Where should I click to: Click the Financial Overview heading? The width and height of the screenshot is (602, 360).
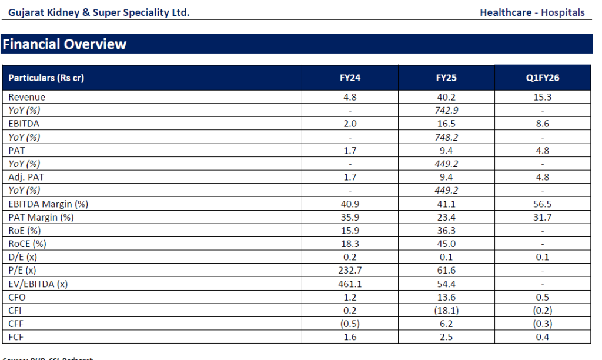pos(64,44)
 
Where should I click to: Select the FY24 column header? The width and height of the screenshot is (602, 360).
pos(350,78)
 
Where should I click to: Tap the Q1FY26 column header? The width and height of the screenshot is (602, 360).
pos(542,78)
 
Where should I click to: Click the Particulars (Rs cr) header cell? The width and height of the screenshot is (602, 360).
pos(46,78)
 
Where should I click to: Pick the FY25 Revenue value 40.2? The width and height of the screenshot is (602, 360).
pos(446,97)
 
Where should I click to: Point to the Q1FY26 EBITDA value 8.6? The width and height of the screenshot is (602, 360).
pos(542,124)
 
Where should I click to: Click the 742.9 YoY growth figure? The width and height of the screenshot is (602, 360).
pos(446,110)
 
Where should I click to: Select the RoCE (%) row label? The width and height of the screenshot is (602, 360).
pos(27,244)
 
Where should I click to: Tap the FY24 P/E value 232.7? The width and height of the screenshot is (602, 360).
pos(350,270)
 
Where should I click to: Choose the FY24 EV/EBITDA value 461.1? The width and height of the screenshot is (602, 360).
pos(350,284)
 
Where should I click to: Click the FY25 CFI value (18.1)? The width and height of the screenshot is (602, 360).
pos(446,311)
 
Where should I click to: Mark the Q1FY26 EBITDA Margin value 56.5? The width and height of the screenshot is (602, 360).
pos(542,204)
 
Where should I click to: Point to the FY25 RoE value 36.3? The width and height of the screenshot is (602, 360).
pos(446,230)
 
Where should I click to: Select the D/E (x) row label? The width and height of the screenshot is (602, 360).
pos(23,257)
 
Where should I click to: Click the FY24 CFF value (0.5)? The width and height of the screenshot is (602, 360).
pos(350,324)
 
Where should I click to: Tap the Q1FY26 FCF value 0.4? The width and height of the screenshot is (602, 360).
pos(542,337)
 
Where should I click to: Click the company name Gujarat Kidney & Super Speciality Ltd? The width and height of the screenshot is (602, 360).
pos(99,12)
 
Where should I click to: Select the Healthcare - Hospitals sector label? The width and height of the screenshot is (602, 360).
pos(532,12)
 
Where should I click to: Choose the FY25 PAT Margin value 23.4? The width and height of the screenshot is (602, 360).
pos(446,217)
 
